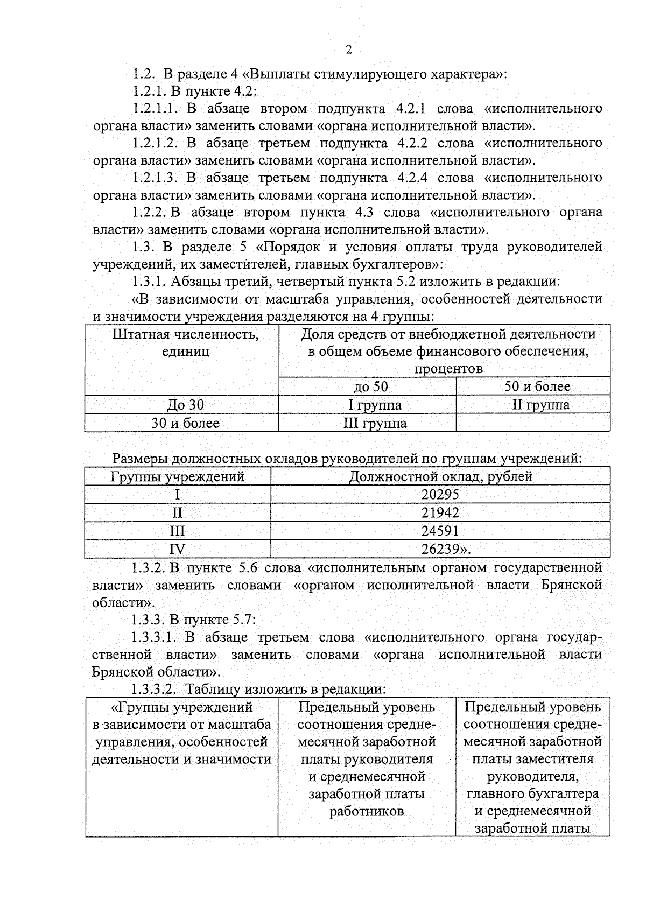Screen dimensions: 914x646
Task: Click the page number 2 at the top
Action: [348, 50]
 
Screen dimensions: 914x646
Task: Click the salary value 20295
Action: [440, 495]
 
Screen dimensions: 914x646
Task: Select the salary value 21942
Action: [440, 513]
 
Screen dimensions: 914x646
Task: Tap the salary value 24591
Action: [440, 531]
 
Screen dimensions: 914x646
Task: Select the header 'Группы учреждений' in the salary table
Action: [178, 476]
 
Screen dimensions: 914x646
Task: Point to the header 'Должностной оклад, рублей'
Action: [441, 476]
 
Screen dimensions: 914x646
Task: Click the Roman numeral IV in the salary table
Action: [177, 549]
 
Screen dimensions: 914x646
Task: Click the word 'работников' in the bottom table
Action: [366, 811]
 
